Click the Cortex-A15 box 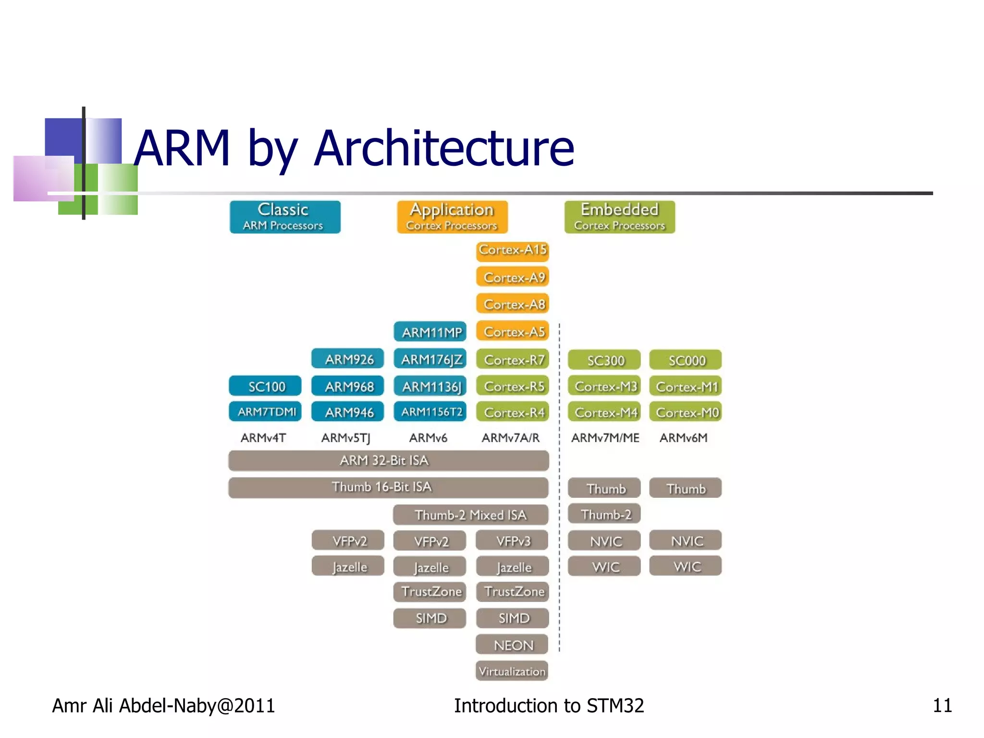512,250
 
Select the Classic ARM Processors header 285,217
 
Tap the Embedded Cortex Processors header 619,217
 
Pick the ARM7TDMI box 265,412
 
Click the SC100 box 265,386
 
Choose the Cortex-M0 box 686,412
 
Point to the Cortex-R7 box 513,359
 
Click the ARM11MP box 430,332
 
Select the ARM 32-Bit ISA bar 388,460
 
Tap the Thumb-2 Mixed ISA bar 470,515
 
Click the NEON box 512,645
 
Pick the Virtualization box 512,671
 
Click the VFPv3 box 512,541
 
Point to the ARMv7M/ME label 605,438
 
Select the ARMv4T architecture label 263,438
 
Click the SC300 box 604,360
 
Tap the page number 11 942,705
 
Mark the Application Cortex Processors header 452,217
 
